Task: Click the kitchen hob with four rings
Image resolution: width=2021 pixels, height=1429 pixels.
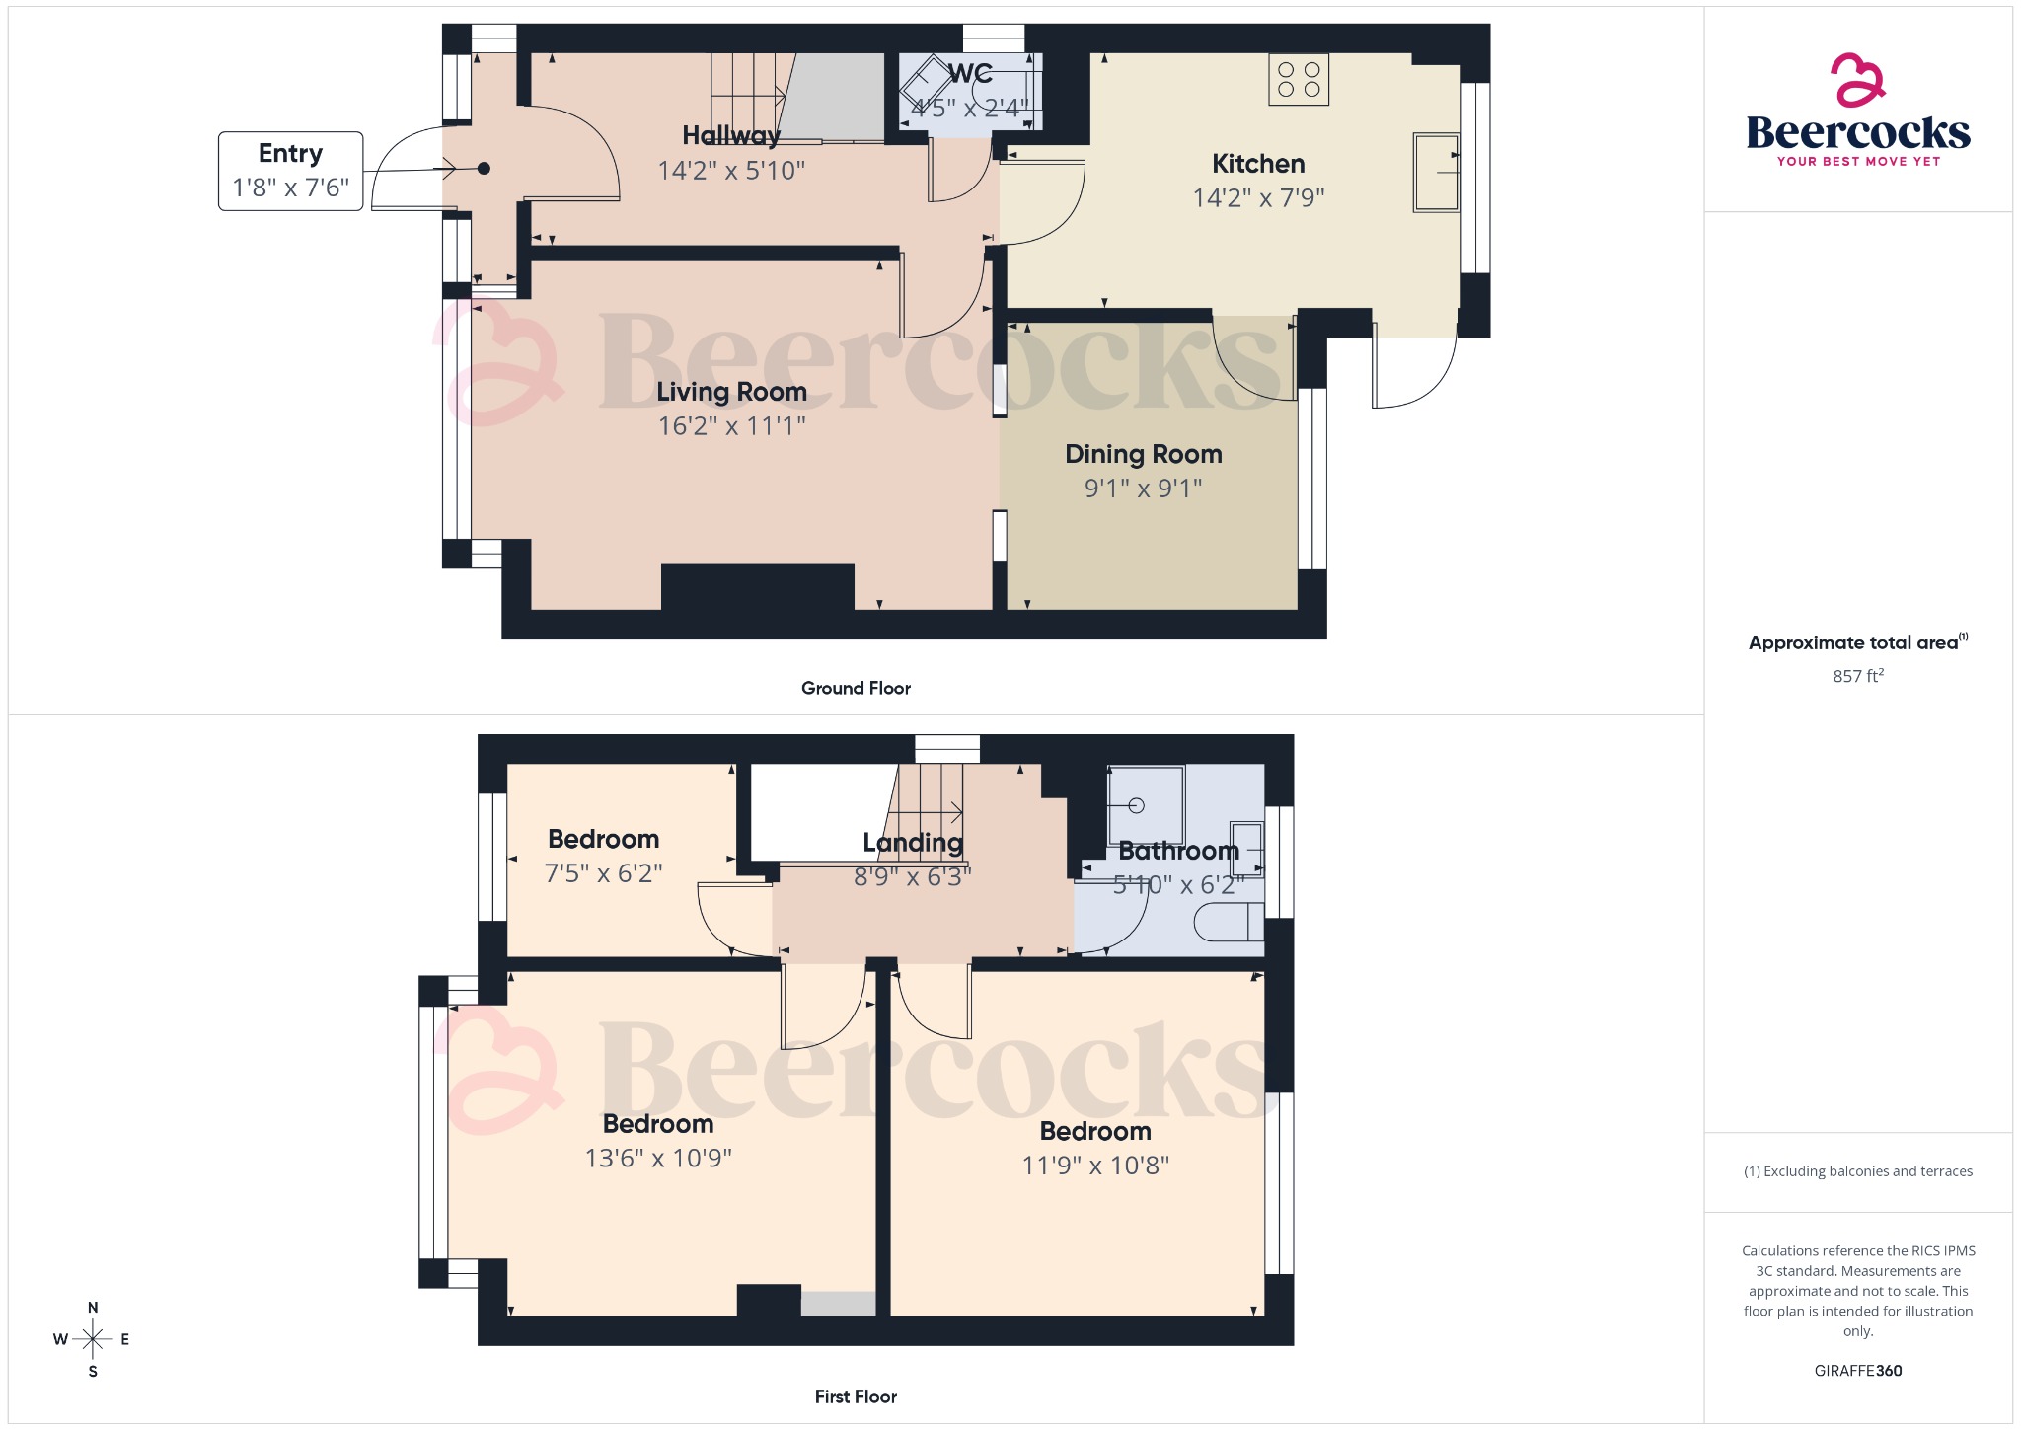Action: pos(1299,79)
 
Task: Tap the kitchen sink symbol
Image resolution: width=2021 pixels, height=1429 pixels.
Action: pos(1436,173)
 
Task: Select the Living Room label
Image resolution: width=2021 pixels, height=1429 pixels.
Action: pos(731,392)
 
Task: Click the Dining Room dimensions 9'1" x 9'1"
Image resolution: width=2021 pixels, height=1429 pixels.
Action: pos(1143,488)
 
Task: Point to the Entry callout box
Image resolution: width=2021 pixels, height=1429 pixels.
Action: pos(290,171)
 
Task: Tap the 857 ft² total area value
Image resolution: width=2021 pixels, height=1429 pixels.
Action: pos(1857,676)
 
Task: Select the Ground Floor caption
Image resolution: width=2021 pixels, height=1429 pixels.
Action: pos(856,688)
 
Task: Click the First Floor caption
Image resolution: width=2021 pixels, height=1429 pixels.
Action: pos(856,1396)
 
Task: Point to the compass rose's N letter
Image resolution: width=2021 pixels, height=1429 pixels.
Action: pos(93,1308)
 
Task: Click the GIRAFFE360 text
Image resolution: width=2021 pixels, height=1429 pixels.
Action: pos(1857,1370)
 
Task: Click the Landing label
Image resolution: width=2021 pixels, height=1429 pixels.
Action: pos(913,842)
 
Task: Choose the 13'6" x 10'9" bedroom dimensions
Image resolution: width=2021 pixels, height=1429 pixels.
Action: pos(658,1158)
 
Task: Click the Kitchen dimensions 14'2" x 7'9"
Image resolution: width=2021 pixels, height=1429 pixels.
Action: pos(1258,197)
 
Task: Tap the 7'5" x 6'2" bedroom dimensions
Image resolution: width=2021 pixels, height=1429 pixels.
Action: pos(603,873)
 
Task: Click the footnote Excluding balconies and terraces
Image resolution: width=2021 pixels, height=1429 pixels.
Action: pos(1857,1171)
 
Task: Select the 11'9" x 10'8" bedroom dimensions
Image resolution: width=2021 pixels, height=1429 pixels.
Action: pos(1095,1166)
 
